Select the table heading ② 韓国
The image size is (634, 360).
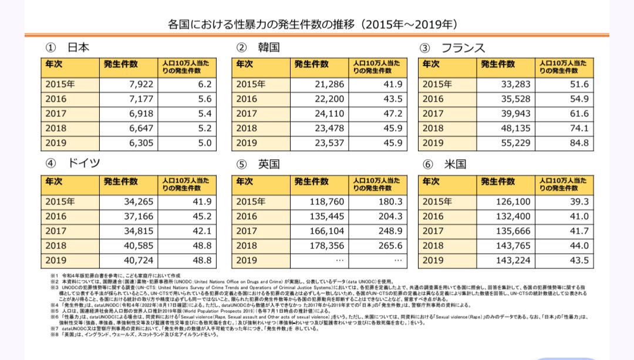click(257, 48)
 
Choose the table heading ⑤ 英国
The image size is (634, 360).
click(257, 163)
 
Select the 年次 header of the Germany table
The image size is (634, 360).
click(56, 183)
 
